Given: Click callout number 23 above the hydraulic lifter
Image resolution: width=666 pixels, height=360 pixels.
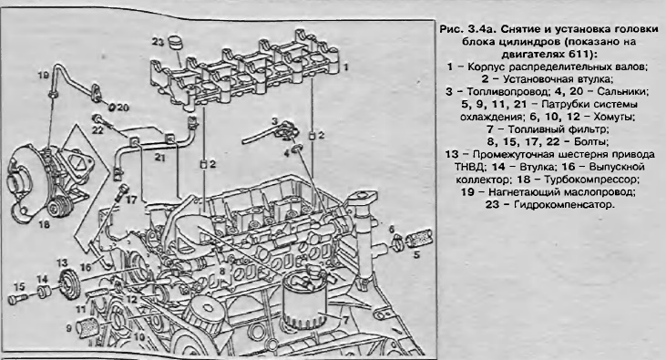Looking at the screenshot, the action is click(x=158, y=42).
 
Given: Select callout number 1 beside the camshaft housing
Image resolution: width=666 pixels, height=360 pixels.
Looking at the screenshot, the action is click(x=345, y=67).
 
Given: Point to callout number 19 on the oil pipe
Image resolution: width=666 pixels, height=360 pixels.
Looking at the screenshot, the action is click(x=44, y=76).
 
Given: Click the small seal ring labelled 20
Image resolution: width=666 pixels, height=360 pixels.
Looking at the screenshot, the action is click(x=112, y=107).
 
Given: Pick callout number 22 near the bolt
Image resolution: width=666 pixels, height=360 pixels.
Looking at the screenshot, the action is click(x=98, y=130).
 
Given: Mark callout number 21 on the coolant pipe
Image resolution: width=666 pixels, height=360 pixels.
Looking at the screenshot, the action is click(x=159, y=158).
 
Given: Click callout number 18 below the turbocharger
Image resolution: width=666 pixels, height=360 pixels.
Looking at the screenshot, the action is click(x=44, y=224).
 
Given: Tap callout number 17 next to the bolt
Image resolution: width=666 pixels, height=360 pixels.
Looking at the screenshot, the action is click(x=131, y=199).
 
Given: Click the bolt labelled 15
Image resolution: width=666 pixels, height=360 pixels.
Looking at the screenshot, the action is click(x=18, y=298).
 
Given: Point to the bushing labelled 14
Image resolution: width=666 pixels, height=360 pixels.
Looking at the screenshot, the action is click(x=44, y=293).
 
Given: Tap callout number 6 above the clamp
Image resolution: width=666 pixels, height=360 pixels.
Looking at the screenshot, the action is click(x=391, y=230).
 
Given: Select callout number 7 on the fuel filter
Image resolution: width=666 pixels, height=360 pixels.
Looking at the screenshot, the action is click(x=345, y=319).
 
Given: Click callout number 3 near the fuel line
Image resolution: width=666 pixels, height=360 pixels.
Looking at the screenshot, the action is click(x=275, y=121).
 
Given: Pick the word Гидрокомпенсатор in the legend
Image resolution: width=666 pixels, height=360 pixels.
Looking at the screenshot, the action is click(x=563, y=204).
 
